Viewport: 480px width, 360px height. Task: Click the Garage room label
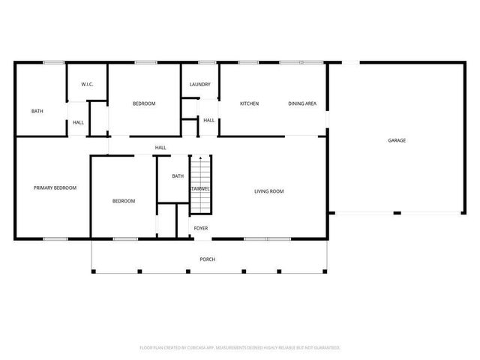(x=397, y=141)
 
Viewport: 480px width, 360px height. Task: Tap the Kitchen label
(x=249, y=103)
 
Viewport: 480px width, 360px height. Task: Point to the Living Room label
(x=268, y=191)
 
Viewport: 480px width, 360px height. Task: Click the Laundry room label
(x=199, y=85)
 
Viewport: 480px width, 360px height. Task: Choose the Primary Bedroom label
(x=55, y=187)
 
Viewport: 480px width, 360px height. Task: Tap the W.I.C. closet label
(x=87, y=85)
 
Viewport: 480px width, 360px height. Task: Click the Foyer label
(x=201, y=227)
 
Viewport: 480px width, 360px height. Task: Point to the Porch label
(x=208, y=259)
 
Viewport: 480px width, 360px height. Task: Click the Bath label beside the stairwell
(x=178, y=176)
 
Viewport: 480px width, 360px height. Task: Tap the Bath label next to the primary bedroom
(x=37, y=111)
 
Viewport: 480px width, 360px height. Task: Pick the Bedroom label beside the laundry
(x=144, y=103)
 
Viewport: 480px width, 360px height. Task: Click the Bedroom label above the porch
(x=124, y=201)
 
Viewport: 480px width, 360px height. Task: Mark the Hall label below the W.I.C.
(x=78, y=122)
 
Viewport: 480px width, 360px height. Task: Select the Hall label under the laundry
(x=208, y=120)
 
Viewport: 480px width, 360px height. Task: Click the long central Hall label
(x=160, y=148)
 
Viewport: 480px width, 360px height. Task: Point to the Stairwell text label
(x=200, y=189)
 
